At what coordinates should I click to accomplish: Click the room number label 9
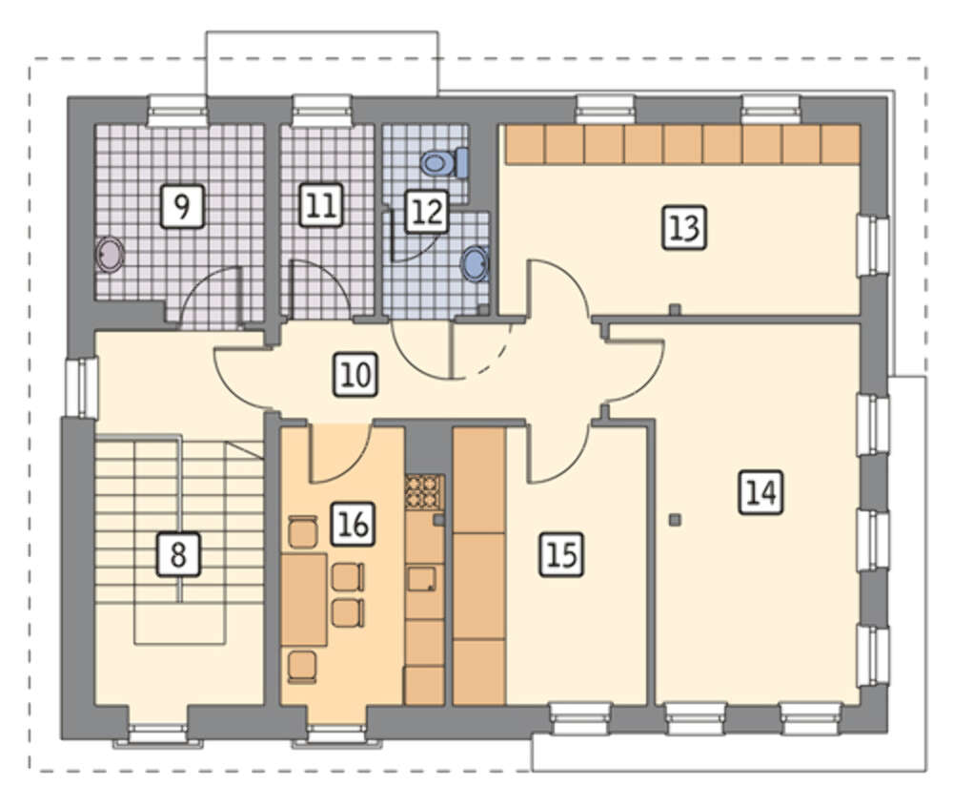point(182,207)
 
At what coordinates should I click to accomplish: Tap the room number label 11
point(321,205)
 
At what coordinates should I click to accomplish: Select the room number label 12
point(427,212)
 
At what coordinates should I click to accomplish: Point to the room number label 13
point(683,228)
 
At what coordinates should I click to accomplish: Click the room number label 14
point(760,492)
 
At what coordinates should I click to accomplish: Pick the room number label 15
point(561,554)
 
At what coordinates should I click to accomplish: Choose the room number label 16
point(354,524)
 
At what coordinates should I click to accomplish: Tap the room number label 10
point(356,375)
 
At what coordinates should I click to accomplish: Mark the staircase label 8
point(178,554)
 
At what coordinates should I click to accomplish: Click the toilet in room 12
point(445,162)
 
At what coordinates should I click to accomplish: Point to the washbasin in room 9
point(110,254)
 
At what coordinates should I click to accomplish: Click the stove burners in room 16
point(425,491)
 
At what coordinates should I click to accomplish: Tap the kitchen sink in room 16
point(422,578)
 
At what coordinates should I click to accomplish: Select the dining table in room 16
point(304,600)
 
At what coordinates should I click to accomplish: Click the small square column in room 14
point(674,519)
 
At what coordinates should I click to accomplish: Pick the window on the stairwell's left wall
point(81,388)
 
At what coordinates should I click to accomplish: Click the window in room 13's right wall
point(873,245)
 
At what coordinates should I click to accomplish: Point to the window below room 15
point(580,719)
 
